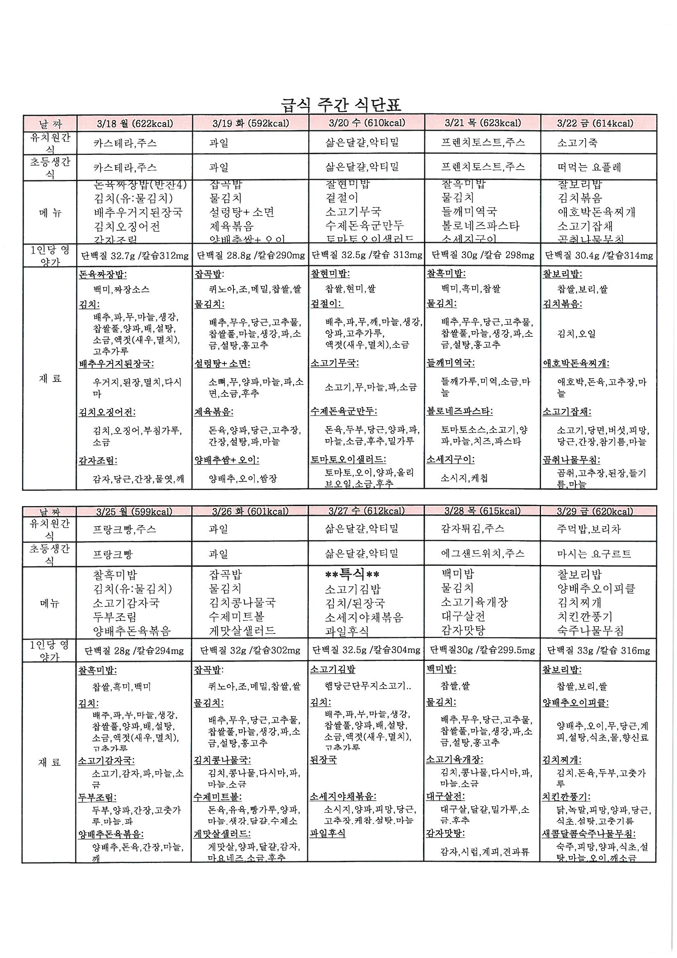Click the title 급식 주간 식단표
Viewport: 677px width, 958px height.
pyautogui.click(x=341, y=104)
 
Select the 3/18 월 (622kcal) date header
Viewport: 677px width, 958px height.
pyautogui.click(x=134, y=123)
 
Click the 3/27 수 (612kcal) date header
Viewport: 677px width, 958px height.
pyautogui.click(x=366, y=511)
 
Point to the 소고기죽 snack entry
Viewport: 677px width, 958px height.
pyautogui.click(x=577, y=143)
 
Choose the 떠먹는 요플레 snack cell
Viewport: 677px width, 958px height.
pyautogui.click(x=589, y=167)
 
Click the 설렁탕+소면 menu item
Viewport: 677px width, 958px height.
pyautogui.click(x=242, y=212)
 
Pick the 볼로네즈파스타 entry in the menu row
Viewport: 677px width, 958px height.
pyautogui.click(x=480, y=226)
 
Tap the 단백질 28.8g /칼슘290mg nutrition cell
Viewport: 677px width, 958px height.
pyautogui.click(x=250, y=255)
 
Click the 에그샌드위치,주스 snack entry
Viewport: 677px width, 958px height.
pyautogui.click(x=482, y=554)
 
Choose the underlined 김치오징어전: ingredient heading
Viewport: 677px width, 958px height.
pyautogui.click(x=107, y=412)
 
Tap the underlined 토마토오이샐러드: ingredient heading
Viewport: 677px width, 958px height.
pyautogui.click(x=348, y=459)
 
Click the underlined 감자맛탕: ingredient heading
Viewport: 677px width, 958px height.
pyautogui.click(x=445, y=833)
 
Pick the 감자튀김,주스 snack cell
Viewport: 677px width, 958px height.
pyautogui.click(x=473, y=529)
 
